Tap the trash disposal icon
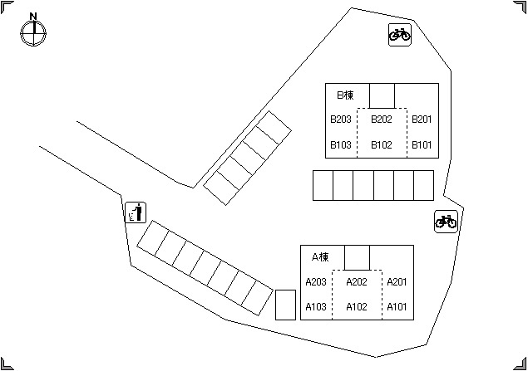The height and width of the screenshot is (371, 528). (136, 212)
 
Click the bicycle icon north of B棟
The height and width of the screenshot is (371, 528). (400, 35)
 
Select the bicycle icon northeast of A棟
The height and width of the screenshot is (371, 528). (446, 222)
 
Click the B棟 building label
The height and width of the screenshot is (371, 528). (346, 95)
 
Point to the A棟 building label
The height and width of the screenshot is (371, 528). (320, 257)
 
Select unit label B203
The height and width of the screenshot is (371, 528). (340, 120)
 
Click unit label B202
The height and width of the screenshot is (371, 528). (382, 120)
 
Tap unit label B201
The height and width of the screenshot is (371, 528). (422, 120)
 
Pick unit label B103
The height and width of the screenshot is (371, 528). (340, 145)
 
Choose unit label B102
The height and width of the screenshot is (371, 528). (382, 145)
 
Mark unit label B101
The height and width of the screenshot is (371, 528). (422, 145)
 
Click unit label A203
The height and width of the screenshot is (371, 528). (316, 281)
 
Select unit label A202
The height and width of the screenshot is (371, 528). (357, 281)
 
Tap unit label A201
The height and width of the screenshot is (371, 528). (397, 281)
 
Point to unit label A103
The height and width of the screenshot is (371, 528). (316, 307)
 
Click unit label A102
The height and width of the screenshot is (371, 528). (357, 307)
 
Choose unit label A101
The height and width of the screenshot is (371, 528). (397, 307)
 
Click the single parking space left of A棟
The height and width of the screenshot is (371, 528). (285, 305)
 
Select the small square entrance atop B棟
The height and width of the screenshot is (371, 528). (382, 95)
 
